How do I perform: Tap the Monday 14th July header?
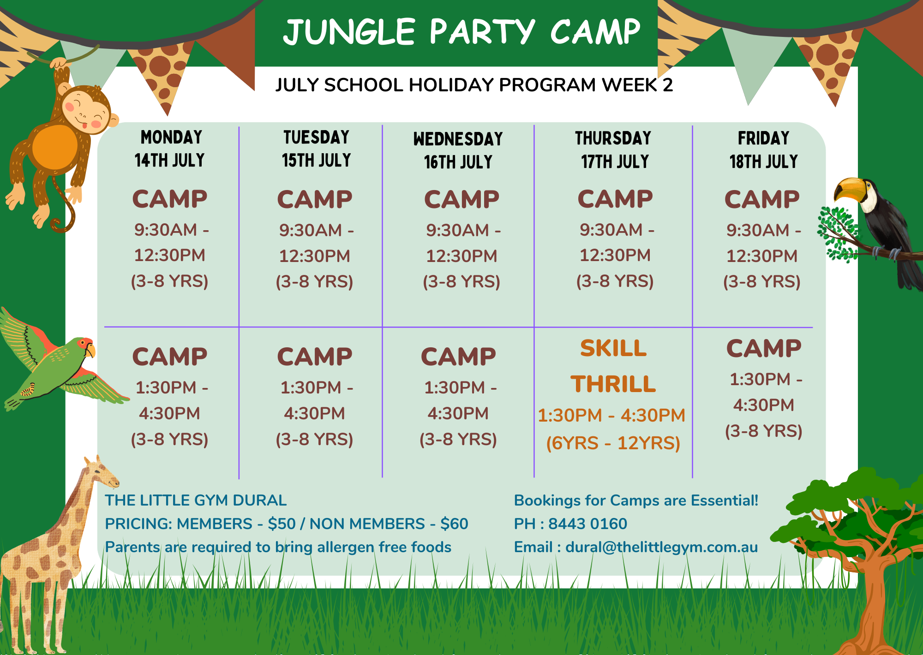click(x=170, y=149)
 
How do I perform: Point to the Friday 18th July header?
click(x=764, y=149)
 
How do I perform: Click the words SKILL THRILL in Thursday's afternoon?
click(x=613, y=366)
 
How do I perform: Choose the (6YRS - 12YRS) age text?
click(x=613, y=443)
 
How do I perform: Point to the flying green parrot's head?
click(x=83, y=348)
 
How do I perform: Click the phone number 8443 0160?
click(x=587, y=524)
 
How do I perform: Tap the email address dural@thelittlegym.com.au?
click(x=662, y=547)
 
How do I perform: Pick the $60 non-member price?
click(x=454, y=524)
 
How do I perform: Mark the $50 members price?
click(x=282, y=524)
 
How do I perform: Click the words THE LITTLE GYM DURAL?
click(x=196, y=500)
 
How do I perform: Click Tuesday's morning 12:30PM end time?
click(x=314, y=256)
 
